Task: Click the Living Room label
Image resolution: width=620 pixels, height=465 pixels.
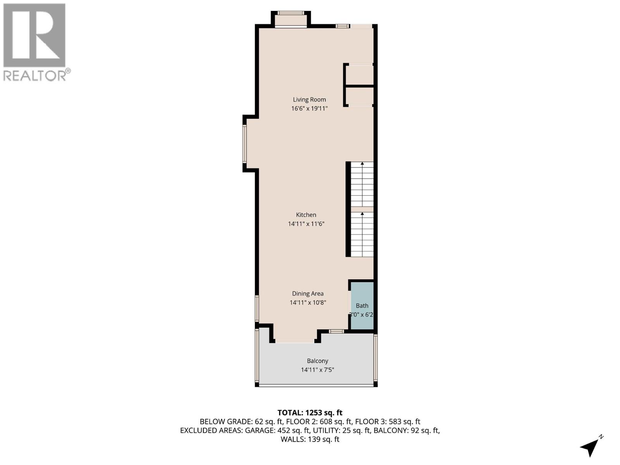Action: pos(309,100)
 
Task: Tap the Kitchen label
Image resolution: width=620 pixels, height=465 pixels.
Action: pos(306,215)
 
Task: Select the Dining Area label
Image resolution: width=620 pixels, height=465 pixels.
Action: pos(308,294)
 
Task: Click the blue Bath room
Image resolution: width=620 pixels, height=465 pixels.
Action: pos(362,306)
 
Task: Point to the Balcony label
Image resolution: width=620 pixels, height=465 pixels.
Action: pos(317,361)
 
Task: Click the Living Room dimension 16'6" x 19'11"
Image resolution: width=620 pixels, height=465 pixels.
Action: pos(309,108)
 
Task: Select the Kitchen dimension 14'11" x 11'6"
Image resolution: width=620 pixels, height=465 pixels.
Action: pos(306,224)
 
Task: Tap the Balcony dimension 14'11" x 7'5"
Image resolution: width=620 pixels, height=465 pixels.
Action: pos(317,370)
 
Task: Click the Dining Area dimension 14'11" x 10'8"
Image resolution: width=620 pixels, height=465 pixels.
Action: pos(308,302)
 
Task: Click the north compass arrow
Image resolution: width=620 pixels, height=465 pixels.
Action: pos(591,446)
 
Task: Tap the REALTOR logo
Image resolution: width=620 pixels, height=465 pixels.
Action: pos(35,42)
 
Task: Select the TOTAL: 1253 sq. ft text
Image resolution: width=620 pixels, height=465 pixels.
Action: pos(310,413)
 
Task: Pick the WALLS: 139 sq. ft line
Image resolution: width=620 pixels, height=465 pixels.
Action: pos(310,439)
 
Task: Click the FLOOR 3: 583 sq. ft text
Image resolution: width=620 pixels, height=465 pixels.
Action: pos(387,422)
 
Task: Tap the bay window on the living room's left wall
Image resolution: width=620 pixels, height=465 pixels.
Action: pos(245,143)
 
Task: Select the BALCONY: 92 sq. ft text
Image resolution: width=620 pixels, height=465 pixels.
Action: pos(406,431)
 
